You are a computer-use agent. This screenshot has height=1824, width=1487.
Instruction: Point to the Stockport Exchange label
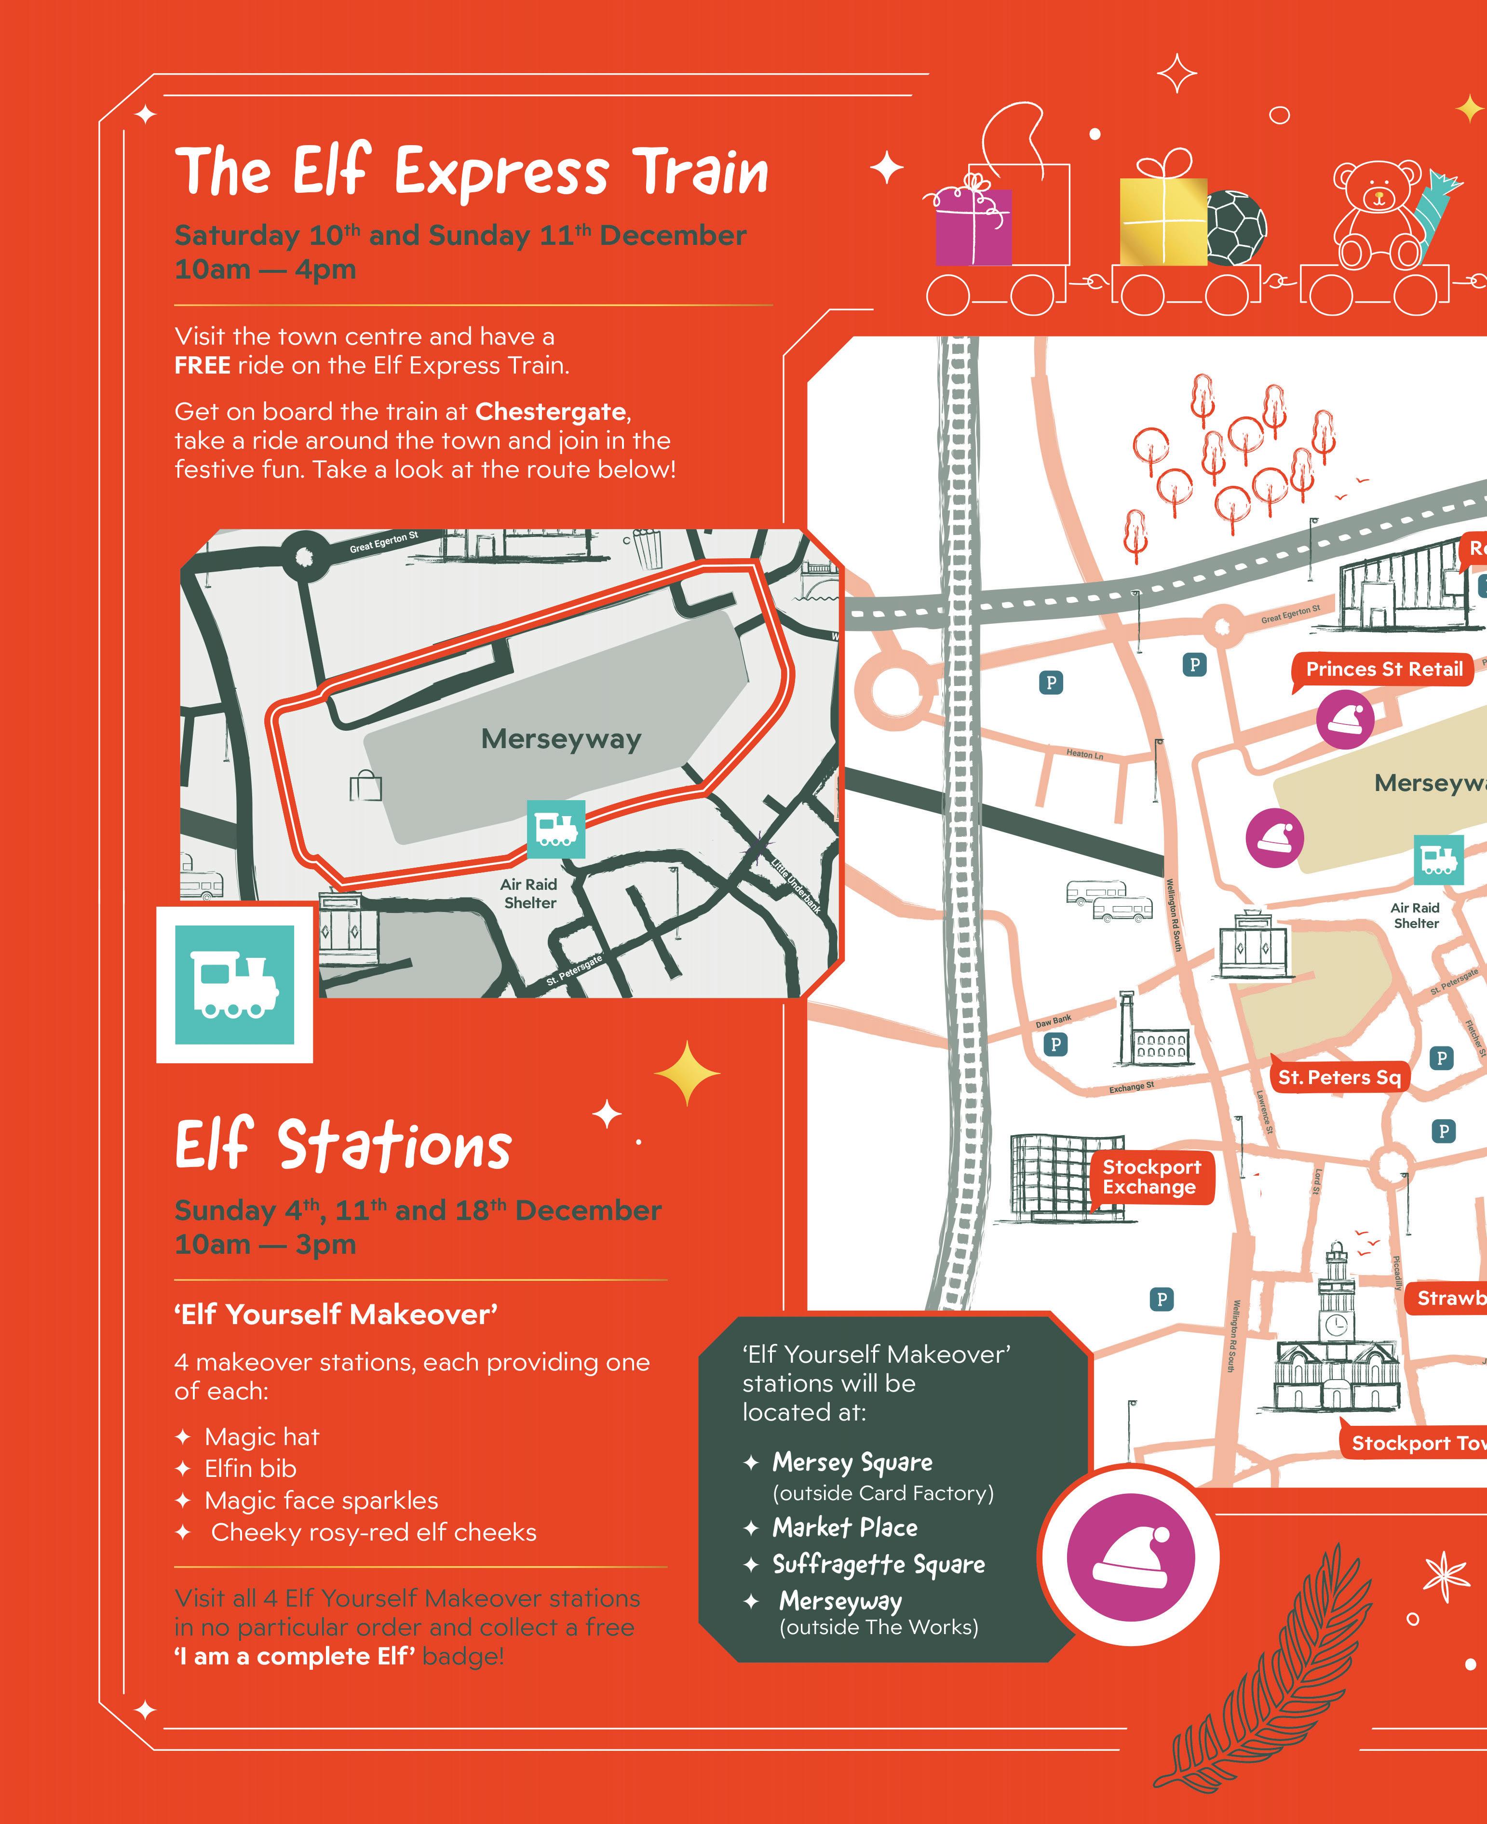(x=1151, y=1177)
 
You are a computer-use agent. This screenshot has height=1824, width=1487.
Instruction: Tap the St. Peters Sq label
(x=1339, y=1077)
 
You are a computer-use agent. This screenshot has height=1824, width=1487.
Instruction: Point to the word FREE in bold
(x=202, y=366)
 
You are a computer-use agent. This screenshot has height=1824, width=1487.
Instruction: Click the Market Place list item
(x=845, y=1527)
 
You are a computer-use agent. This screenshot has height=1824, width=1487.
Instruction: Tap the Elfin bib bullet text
(x=250, y=1469)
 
